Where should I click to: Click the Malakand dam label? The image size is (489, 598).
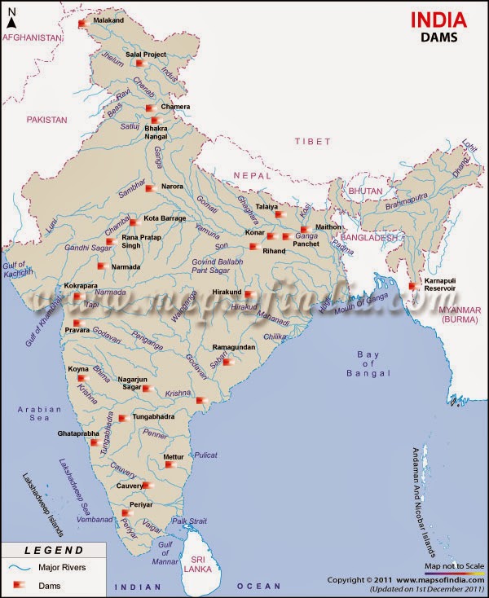(110, 19)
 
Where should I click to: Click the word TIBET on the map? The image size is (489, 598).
(313, 141)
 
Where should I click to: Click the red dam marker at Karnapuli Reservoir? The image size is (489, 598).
(413, 286)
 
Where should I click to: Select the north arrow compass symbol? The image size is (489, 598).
(11, 17)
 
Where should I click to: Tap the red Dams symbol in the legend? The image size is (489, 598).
(19, 584)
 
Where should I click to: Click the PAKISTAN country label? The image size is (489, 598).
(46, 119)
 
